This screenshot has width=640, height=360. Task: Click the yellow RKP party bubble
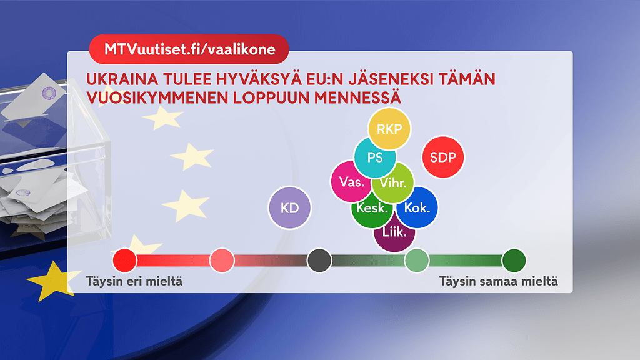(389, 129)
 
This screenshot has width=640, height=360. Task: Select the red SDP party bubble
(443, 157)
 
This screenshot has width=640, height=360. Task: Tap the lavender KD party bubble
(289, 207)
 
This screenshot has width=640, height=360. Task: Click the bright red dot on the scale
(124, 261)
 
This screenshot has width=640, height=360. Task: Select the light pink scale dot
(222, 261)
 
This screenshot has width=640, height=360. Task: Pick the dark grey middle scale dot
(319, 261)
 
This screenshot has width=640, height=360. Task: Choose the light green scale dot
(417, 261)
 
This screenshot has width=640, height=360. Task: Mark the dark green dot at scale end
(514, 261)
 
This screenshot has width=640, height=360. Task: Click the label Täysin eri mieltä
(134, 282)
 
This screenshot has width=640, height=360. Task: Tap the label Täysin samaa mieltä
(498, 282)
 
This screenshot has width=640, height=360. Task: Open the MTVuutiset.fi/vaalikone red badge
(189, 49)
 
